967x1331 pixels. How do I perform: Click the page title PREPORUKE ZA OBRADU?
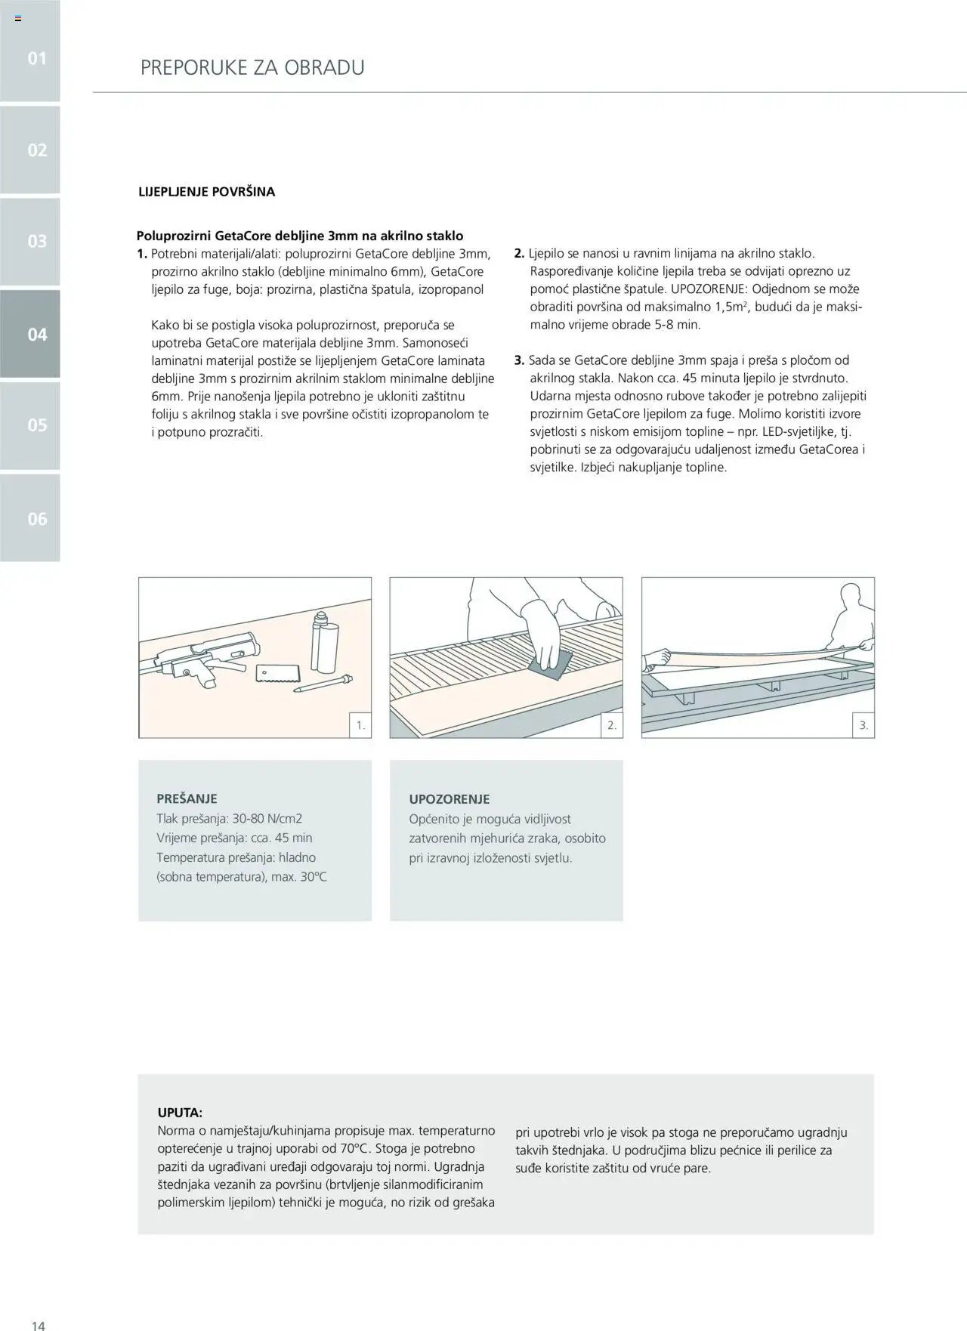click(252, 67)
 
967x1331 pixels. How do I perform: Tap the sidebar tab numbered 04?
click(37, 334)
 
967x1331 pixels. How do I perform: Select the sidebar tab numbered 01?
click(37, 58)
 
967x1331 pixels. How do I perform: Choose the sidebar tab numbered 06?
click(37, 518)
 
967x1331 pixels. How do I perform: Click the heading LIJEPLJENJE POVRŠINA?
click(206, 192)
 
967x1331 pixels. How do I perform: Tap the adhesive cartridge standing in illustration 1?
click(323, 644)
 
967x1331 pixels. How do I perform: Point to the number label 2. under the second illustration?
click(611, 726)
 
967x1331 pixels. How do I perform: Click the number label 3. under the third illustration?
click(863, 726)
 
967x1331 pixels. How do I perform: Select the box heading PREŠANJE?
click(187, 798)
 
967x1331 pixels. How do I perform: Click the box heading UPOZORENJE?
click(449, 799)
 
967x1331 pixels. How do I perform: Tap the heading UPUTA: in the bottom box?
click(180, 1113)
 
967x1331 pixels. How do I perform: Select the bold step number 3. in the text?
click(519, 360)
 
